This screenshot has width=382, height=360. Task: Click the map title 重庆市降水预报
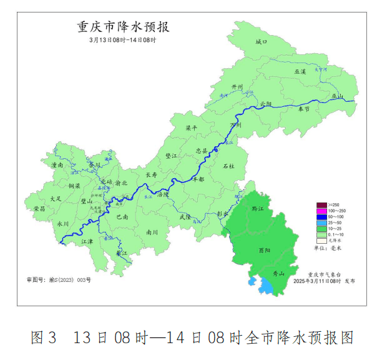coord(123,27)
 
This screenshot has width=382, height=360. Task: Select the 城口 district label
coord(261,42)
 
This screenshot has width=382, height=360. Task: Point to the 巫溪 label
coord(300,72)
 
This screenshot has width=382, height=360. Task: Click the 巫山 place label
coord(337,96)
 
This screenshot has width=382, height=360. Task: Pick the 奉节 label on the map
coord(304,109)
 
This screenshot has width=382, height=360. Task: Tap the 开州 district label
coord(237,86)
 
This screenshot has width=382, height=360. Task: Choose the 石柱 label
coord(228,166)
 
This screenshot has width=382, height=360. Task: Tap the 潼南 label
coord(57,165)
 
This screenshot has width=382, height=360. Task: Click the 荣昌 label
coord(39,208)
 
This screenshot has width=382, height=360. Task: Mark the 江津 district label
coord(87,241)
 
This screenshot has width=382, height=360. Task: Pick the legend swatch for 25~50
coord(321,222)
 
